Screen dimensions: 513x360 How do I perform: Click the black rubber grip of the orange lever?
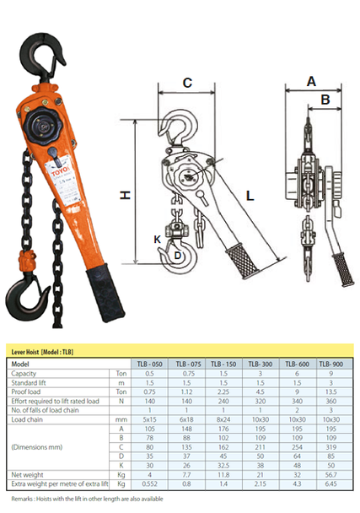101,295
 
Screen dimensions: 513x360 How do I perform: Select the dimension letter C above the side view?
187,83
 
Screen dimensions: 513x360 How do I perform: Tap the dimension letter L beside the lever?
250,195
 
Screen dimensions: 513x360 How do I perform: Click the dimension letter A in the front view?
311,81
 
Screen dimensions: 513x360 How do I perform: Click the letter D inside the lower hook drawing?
177,254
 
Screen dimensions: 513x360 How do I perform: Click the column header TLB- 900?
334,364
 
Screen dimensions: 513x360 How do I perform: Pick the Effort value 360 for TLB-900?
334,400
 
